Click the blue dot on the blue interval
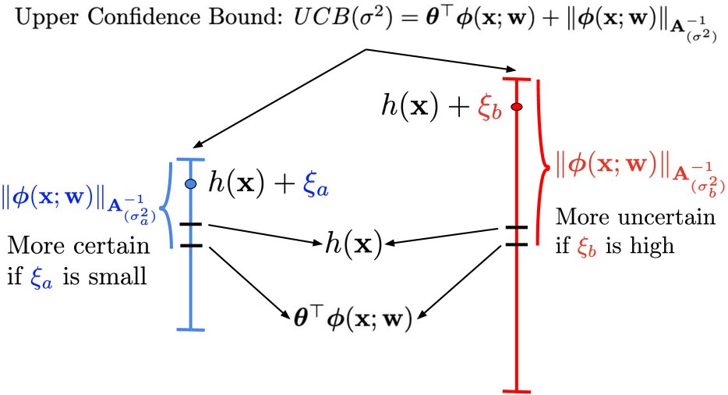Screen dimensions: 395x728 190,183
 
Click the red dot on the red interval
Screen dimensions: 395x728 516,105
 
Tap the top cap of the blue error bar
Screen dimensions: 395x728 190,159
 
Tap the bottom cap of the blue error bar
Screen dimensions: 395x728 190,329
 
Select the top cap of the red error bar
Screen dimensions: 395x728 516,79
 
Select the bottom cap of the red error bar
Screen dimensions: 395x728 516,389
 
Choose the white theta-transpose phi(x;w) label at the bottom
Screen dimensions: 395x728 352,319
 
